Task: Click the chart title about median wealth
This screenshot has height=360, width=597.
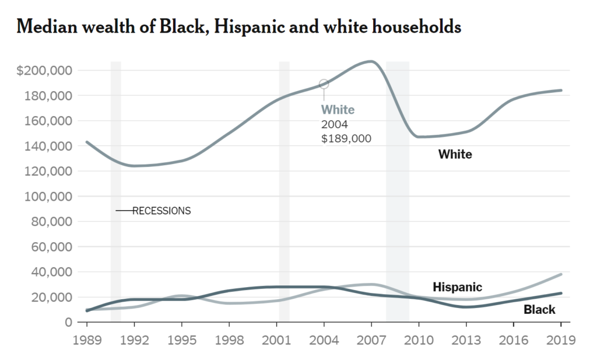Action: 240,27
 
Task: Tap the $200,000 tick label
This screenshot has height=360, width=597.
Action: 44,71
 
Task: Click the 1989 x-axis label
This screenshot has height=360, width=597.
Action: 87,340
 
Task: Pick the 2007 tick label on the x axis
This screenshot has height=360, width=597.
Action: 371,340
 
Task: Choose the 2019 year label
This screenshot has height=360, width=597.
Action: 561,340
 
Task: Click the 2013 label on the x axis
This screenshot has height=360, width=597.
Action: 466,340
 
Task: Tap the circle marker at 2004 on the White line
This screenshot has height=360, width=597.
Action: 324,84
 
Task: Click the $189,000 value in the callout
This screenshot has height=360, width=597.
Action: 346,139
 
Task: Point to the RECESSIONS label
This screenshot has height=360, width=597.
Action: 161,211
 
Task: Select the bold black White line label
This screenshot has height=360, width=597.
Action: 455,155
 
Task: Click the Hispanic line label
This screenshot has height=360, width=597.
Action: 457,287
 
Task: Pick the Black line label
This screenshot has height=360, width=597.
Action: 539,310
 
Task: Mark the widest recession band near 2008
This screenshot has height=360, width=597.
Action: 398,193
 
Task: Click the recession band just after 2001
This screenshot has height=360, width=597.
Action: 285,193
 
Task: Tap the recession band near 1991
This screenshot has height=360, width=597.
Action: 116,193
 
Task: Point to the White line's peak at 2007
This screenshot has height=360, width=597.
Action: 371,61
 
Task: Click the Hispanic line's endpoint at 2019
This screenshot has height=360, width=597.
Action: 561,274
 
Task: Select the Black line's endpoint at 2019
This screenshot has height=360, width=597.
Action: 561,293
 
